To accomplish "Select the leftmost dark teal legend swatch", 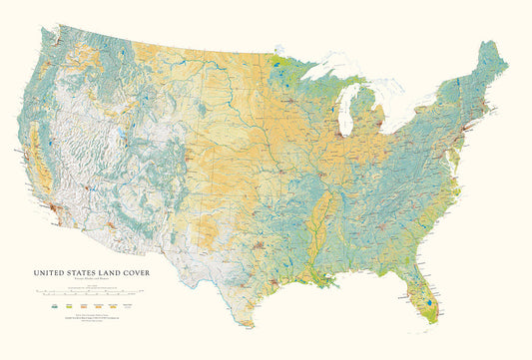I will click(41, 307).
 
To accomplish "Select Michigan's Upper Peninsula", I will click(334, 84).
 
